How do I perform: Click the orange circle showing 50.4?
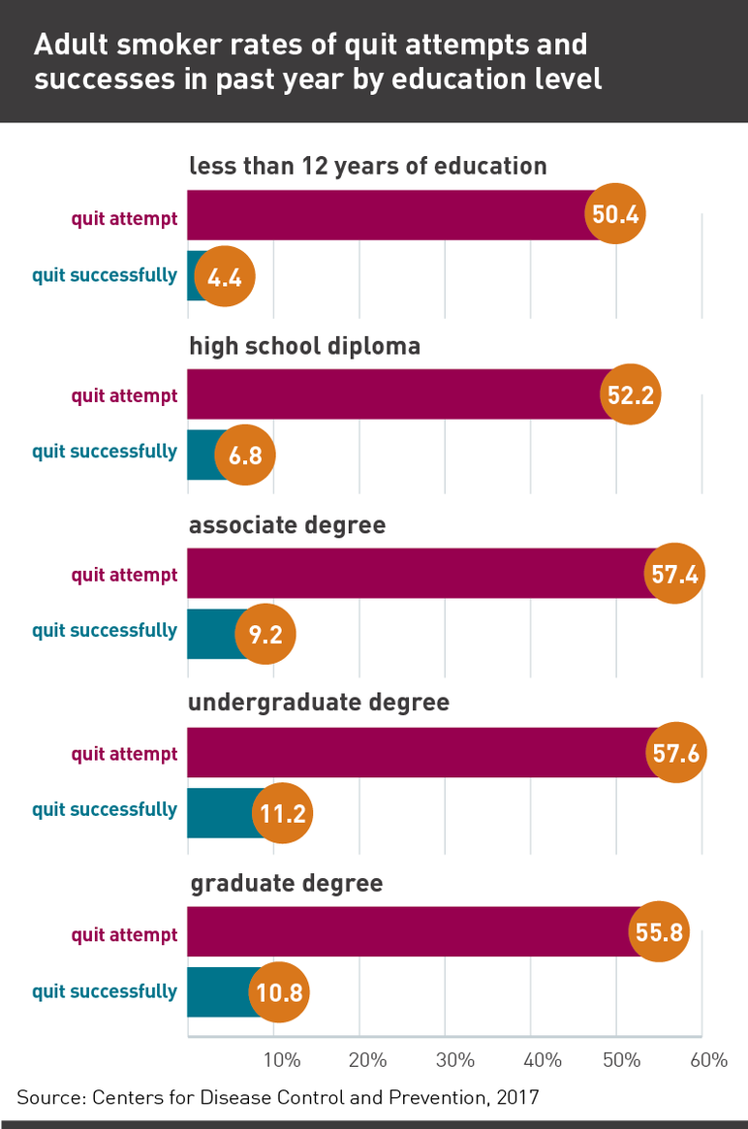coord(615,213)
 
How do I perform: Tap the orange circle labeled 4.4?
coord(225,278)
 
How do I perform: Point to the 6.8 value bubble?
coord(245,454)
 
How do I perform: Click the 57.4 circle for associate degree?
coord(674,574)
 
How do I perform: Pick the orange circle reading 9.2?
coord(265,634)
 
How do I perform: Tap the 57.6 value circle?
coord(676,753)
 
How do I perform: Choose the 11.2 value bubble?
coord(283,813)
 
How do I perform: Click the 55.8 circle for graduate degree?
coord(659,932)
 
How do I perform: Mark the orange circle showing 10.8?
coord(280,992)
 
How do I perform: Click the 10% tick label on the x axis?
coord(281,1061)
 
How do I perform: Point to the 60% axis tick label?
coord(708,1061)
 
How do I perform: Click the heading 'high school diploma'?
coord(304,346)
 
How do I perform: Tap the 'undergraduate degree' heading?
coord(319,702)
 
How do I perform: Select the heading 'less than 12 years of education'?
coord(367,166)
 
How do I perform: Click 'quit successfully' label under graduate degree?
coord(105,991)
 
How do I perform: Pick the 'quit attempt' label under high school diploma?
coord(124,395)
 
